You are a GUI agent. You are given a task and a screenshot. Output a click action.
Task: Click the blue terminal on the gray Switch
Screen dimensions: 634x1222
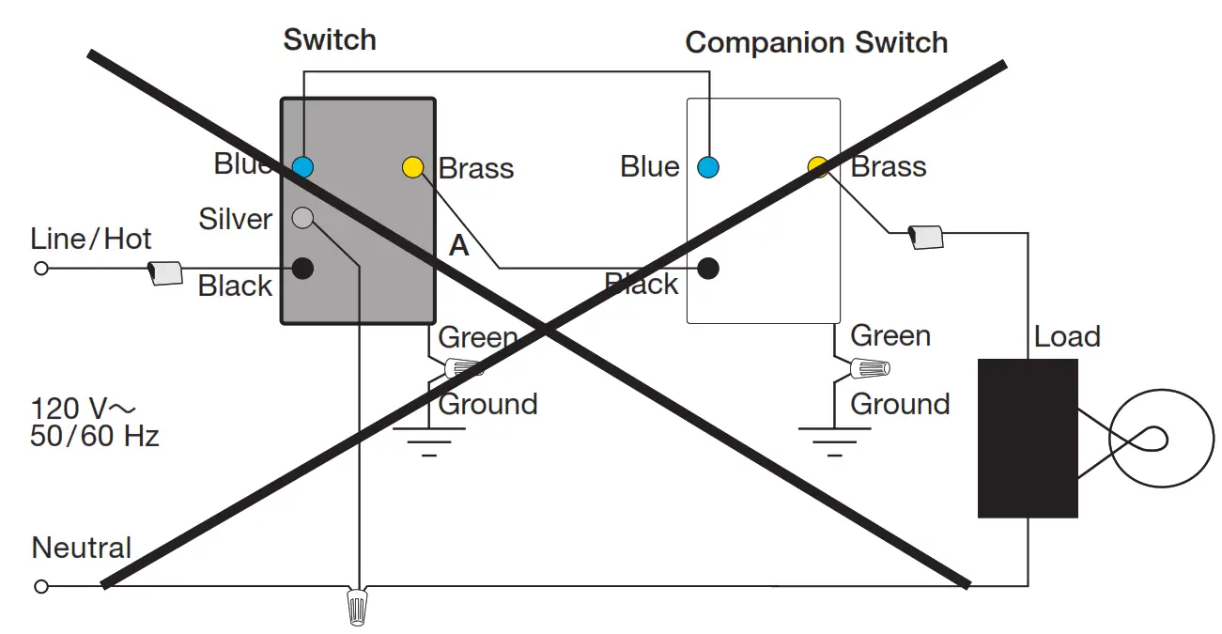[302, 167]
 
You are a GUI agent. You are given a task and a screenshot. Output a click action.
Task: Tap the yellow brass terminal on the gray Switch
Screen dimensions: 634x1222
[412, 168]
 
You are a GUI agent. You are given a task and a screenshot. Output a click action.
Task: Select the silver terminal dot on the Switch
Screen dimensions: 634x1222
[302, 218]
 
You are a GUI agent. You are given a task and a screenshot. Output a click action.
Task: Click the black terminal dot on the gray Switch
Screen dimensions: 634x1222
[302, 269]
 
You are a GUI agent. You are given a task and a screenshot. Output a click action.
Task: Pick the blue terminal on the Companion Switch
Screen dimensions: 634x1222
[708, 168]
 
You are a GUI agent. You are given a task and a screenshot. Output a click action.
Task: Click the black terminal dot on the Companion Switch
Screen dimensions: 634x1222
[708, 269]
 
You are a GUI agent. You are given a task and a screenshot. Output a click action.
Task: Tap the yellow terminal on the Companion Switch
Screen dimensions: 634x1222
[818, 167]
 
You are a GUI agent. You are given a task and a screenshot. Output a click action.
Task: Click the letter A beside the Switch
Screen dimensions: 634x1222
[458, 246]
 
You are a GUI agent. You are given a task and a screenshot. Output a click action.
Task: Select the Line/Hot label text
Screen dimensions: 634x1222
[90, 239]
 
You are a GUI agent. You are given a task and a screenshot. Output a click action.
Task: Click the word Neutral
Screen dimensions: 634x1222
[82, 548]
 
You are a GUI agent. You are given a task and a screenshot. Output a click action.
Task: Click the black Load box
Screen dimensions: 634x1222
[1028, 438]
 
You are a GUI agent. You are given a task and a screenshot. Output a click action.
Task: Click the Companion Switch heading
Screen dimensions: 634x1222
[816, 43]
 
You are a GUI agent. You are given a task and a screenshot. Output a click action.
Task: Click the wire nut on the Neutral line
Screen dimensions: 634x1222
[357, 606]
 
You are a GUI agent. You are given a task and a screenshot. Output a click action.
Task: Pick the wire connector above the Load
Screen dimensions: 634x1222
[926, 238]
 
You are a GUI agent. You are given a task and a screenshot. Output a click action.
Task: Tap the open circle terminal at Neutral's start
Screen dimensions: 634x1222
[40, 587]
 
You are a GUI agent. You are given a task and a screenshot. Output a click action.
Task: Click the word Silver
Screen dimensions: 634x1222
[235, 220]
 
